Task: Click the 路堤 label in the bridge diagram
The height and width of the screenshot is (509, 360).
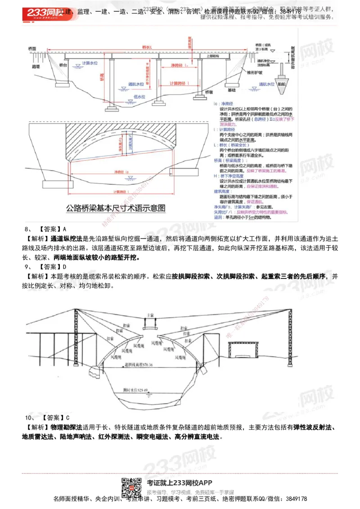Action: (x=36, y=66)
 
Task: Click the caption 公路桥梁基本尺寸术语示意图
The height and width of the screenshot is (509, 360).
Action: (x=116, y=208)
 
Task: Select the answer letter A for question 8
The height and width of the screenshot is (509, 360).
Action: (x=65, y=228)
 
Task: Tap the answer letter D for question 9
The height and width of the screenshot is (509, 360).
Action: (x=65, y=267)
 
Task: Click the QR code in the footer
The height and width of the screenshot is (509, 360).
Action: (x=132, y=485)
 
